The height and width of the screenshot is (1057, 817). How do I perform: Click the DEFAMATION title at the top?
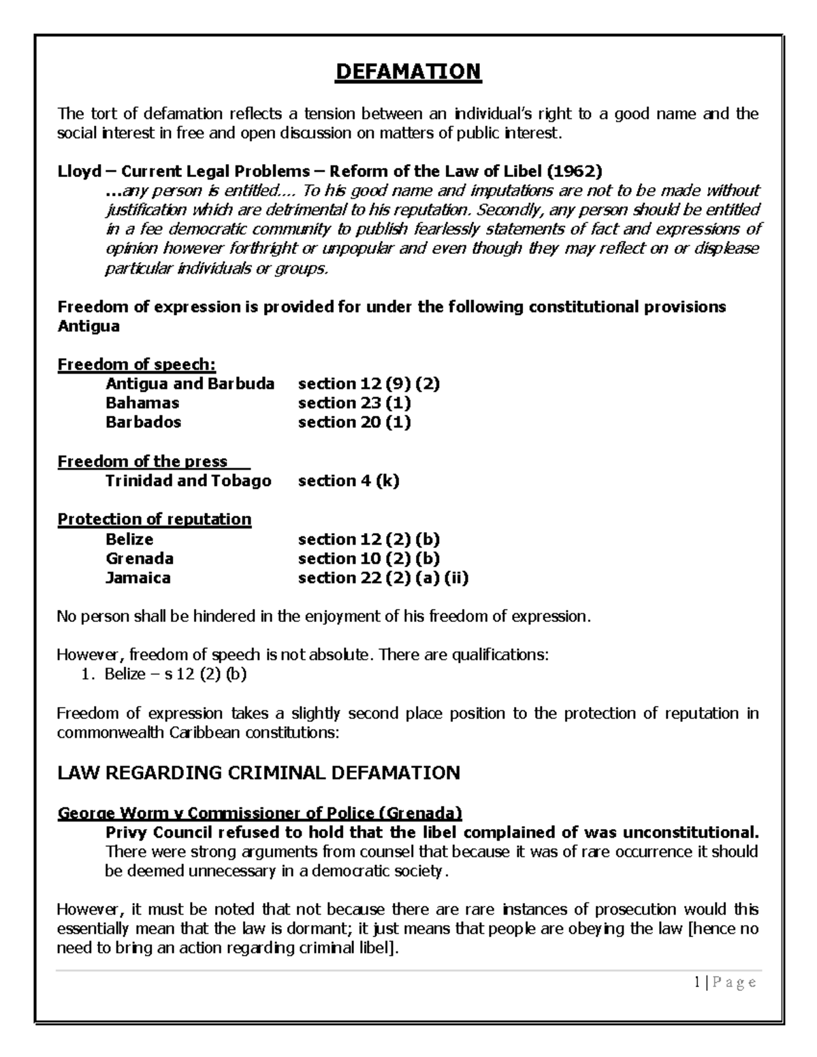(408, 71)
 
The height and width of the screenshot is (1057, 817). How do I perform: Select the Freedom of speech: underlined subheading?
(136, 364)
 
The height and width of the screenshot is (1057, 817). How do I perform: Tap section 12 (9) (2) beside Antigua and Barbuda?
(368, 384)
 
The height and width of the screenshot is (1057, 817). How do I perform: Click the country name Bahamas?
(142, 403)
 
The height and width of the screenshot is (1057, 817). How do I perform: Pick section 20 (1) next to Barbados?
(354, 422)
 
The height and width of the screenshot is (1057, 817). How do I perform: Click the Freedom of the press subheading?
(142, 461)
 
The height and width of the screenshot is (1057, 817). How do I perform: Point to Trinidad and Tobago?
(188, 481)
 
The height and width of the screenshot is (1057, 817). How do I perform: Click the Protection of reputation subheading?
(155, 519)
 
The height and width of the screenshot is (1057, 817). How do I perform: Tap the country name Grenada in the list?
(140, 559)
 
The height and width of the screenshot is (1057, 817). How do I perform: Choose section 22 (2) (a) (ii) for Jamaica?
(383, 578)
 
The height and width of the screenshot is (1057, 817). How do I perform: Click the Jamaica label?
(138, 578)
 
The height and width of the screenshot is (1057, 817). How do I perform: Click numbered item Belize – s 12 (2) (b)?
(175, 674)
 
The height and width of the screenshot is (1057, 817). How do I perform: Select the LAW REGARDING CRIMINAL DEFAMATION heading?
(259, 773)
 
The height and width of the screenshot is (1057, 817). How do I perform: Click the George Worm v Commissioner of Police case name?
(259, 813)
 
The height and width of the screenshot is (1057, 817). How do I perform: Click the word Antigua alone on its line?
(89, 326)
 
